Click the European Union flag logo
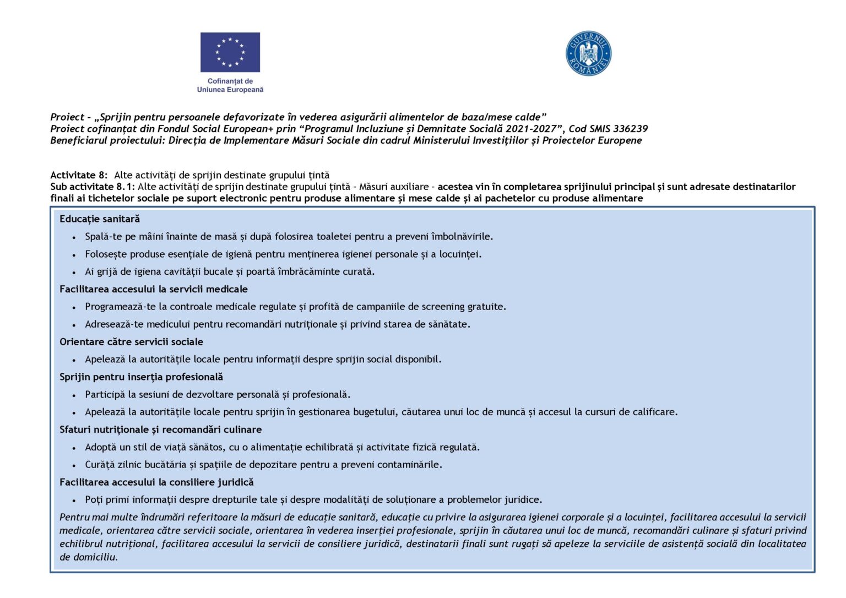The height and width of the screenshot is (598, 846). coord(230,52)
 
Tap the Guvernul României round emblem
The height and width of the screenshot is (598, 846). coord(588,53)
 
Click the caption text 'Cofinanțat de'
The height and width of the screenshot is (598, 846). coord(230,81)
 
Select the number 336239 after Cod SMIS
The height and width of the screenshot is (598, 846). coord(630,129)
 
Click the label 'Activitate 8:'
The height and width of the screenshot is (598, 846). coord(79,175)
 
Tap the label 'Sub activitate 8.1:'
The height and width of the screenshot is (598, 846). coord(93,187)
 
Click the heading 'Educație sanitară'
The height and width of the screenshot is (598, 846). coord(100,219)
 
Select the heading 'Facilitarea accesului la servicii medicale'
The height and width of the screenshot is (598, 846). coord(154,289)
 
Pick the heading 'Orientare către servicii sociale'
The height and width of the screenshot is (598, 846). coord(131,342)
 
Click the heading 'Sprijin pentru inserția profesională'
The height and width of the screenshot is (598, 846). coord(141,377)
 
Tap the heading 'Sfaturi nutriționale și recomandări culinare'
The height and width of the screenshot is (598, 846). coord(160,430)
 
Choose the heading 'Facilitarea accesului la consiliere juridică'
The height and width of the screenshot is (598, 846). coord(156,482)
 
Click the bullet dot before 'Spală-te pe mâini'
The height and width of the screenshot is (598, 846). coord(74,237)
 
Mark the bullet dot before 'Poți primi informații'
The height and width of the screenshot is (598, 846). coord(74,501)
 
